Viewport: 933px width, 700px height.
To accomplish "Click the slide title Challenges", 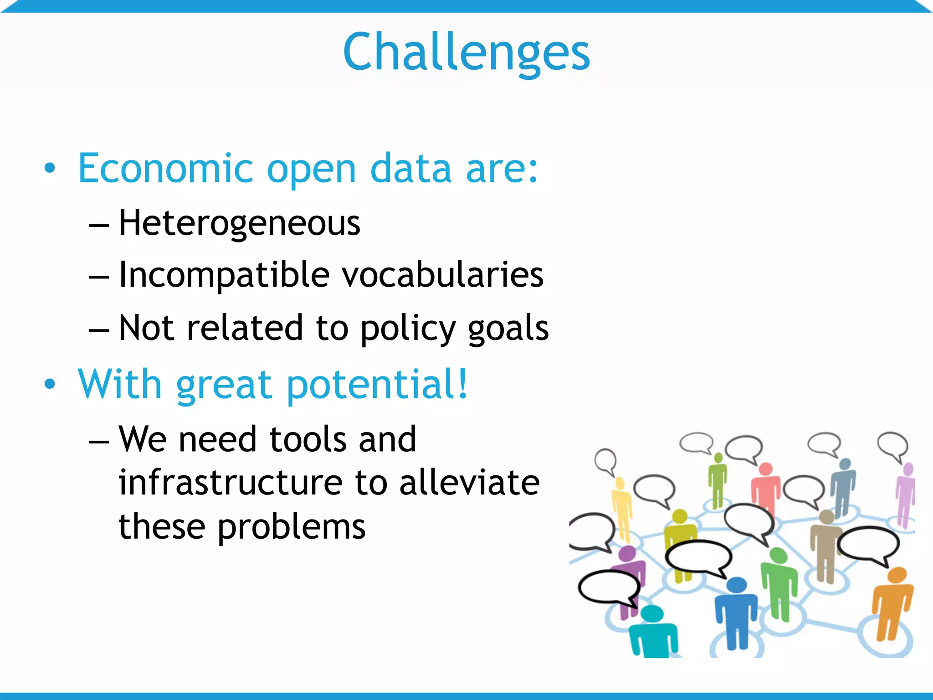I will tap(466, 52).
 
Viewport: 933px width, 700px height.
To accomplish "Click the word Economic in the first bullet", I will tap(165, 169).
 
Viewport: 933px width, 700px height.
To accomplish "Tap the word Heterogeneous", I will tap(239, 223).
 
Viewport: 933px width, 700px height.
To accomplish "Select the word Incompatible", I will tap(224, 275).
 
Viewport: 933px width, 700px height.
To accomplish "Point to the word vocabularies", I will tap(443, 275).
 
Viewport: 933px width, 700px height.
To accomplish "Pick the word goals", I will tap(508, 328).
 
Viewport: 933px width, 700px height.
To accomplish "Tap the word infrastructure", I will tap(230, 483).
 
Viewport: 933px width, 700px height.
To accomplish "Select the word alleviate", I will tap(469, 483).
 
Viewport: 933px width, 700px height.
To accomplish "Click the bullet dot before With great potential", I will tap(50, 384).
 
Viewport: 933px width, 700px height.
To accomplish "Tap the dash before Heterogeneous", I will tap(99, 225).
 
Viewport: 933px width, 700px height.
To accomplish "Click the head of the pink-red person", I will tap(766, 469).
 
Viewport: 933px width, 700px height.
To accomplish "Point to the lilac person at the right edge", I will tap(906, 494).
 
